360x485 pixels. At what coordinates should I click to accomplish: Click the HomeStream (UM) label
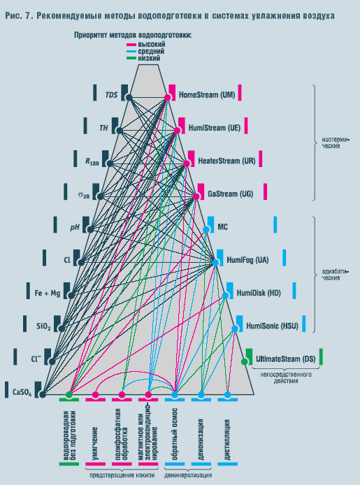[x=207, y=94]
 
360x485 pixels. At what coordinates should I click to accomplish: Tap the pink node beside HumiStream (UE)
[x=177, y=131]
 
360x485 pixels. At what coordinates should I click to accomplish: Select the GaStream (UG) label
[x=231, y=194]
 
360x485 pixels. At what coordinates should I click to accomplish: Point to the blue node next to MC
[x=206, y=229]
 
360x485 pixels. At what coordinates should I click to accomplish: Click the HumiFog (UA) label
[x=247, y=260]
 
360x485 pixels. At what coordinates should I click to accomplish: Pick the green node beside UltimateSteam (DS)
[x=245, y=361]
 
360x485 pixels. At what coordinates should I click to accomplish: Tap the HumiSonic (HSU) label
[x=272, y=326]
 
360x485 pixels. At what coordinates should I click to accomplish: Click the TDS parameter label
[x=111, y=95]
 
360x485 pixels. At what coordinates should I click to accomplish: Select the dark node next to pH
[x=90, y=229]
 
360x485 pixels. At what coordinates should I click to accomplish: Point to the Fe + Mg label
[x=48, y=293]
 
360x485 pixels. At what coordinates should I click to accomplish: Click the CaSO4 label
[x=22, y=393]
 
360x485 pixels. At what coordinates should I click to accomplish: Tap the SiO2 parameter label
[x=43, y=326]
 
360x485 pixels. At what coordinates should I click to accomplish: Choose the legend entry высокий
[x=152, y=45]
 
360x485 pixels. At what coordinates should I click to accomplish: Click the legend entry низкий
[x=149, y=58]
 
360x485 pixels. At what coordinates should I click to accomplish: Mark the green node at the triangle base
[x=69, y=395]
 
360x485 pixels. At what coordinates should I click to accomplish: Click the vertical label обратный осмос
[x=175, y=434]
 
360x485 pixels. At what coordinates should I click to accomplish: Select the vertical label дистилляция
[x=227, y=440]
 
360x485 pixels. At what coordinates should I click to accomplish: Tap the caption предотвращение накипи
[x=122, y=475]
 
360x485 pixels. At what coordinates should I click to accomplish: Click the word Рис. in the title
[x=13, y=15]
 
